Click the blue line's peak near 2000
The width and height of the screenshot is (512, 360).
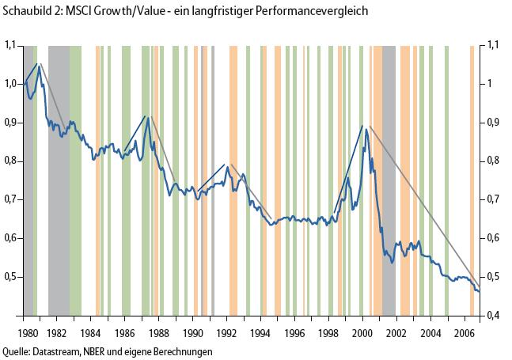(366, 128)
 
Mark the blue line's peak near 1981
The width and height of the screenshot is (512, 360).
(39, 66)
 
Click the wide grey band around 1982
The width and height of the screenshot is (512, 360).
(59, 182)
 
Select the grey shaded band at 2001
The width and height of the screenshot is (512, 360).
(389, 182)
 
